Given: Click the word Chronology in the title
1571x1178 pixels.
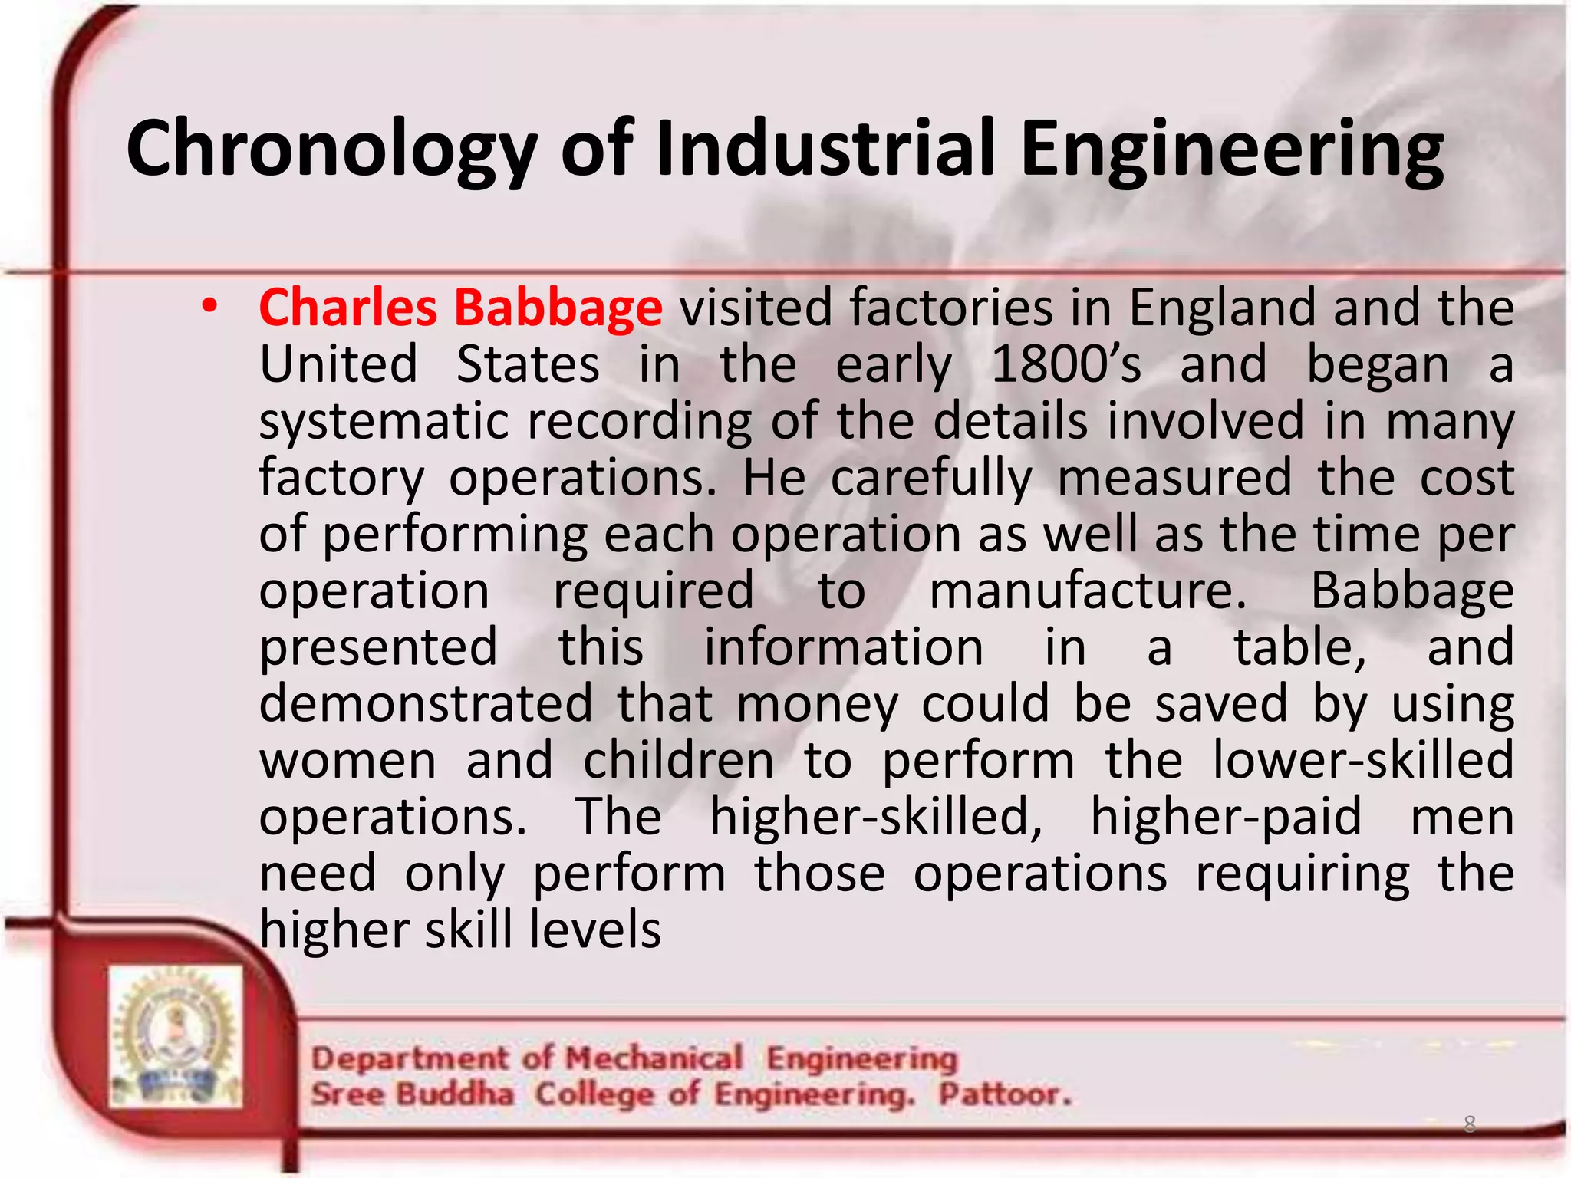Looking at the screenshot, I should (x=331, y=150).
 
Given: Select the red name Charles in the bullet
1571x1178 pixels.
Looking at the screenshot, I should (x=348, y=308).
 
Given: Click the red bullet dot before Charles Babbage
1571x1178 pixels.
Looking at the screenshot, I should (x=209, y=307).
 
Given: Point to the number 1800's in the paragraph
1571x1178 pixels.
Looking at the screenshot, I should (x=1066, y=364).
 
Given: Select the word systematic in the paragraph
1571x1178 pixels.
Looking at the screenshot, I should (x=384, y=422).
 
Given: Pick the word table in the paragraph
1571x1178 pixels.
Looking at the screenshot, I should (x=1299, y=647).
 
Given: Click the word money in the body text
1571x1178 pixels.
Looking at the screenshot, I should (x=817, y=705).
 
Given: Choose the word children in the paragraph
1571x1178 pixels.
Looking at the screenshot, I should (x=678, y=761).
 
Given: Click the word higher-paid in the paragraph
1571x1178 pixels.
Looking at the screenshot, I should (x=1226, y=817).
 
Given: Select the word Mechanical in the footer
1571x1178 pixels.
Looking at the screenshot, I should (x=654, y=1058).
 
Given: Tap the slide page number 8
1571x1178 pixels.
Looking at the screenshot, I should (x=1469, y=1124).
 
